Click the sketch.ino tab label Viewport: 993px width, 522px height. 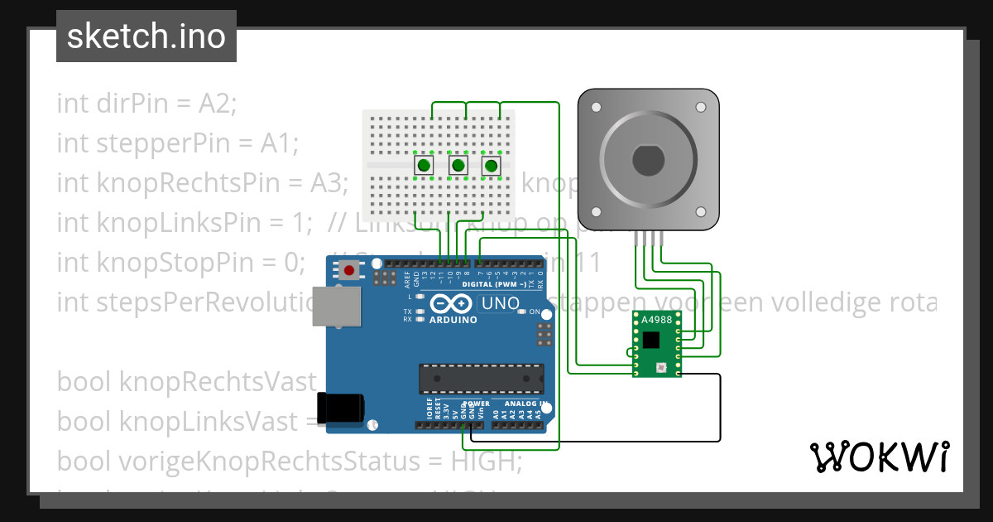[x=146, y=36]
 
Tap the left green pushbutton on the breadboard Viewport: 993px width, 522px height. [x=424, y=166]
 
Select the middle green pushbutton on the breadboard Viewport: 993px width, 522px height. [x=458, y=166]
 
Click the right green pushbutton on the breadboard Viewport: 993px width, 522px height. [x=492, y=166]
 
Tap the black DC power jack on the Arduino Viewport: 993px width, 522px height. [x=341, y=408]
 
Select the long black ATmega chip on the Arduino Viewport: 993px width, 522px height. [x=481, y=377]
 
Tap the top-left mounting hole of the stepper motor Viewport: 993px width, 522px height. [x=595, y=107]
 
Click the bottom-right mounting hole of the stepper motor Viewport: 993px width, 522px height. [x=701, y=211]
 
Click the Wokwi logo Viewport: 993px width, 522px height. [x=879, y=457]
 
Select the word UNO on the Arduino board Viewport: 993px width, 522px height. [x=499, y=304]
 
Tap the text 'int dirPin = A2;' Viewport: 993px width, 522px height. [x=146, y=104]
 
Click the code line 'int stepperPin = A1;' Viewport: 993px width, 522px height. [x=176, y=144]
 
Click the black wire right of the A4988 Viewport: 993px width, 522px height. [x=719, y=406]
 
